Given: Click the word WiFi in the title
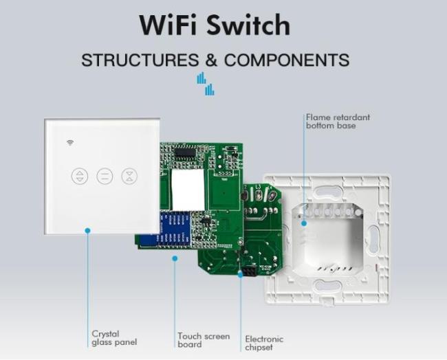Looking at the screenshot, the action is click(x=170, y=25).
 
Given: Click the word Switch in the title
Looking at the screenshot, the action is click(x=248, y=25).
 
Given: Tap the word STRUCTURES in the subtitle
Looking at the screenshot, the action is click(x=140, y=60).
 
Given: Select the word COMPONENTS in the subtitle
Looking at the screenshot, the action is click(x=287, y=60).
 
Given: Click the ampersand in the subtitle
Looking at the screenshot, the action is click(x=211, y=60).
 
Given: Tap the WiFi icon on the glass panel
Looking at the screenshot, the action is click(x=70, y=142).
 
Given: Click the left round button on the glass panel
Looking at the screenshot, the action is click(x=80, y=176).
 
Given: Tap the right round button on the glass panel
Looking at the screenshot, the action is click(x=129, y=176).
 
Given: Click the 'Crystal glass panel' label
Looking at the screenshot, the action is click(x=114, y=338).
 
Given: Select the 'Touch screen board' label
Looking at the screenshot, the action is click(x=204, y=340).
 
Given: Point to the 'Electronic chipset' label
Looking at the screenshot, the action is click(x=264, y=343).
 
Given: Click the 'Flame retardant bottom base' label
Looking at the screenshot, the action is click(x=338, y=122).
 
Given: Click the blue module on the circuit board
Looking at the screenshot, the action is click(x=174, y=228).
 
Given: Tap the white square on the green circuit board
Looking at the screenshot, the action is click(x=188, y=190).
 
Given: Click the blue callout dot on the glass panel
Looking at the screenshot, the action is click(x=88, y=230).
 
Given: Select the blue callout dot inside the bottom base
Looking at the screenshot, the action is click(x=304, y=223).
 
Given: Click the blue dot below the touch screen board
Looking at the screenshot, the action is click(x=175, y=258).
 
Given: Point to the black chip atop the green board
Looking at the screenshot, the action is click(x=185, y=153).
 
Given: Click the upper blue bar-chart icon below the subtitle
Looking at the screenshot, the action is click(x=201, y=78).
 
